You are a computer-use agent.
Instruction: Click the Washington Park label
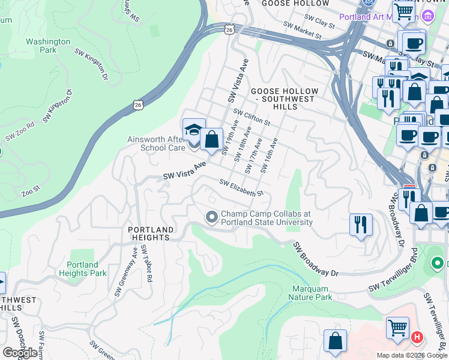48,46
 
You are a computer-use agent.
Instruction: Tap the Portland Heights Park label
83,269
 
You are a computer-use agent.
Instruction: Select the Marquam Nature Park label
310,293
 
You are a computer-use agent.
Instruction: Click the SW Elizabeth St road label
241,188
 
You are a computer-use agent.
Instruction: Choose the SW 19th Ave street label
229,137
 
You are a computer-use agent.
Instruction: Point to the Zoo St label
31,192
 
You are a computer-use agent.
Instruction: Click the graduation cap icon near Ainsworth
194,127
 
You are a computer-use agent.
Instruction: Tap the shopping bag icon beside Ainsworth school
211,140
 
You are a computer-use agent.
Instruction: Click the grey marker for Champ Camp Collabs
211,217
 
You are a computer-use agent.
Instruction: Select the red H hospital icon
417,338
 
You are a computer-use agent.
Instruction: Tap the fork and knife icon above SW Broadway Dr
361,224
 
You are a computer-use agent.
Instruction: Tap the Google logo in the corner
20,353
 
